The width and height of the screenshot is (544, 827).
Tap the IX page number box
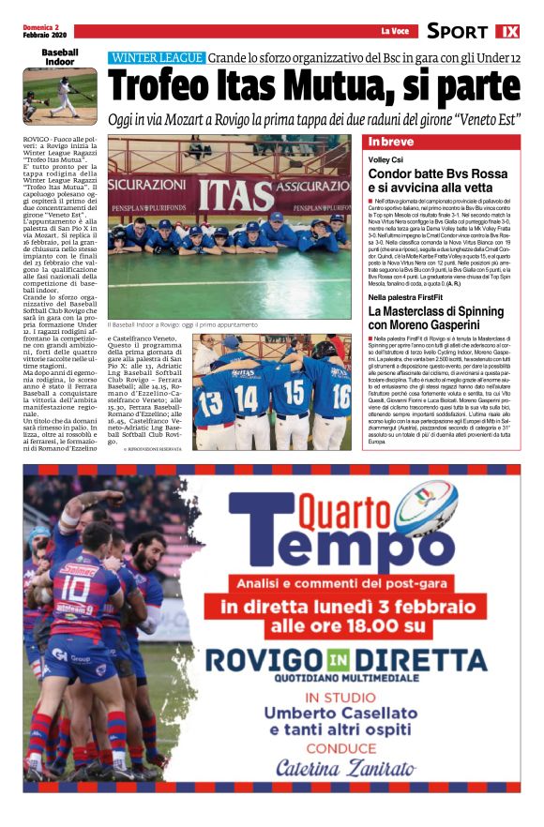click(x=507, y=31)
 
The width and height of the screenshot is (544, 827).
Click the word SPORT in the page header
click(x=457, y=31)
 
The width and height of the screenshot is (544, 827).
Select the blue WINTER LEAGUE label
click(x=157, y=57)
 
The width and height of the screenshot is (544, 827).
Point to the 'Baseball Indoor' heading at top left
click(x=59, y=58)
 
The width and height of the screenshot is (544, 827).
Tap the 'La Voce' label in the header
click(x=394, y=31)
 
